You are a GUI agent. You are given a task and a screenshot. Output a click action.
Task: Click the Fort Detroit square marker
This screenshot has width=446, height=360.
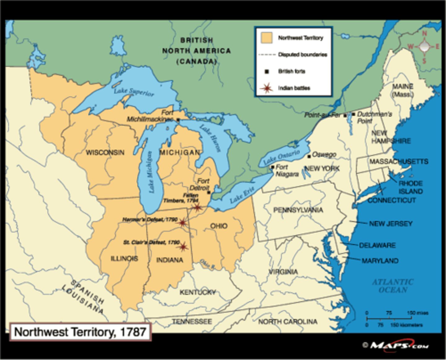point(209,192)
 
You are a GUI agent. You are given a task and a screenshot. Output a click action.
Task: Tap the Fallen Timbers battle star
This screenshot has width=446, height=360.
point(197,207)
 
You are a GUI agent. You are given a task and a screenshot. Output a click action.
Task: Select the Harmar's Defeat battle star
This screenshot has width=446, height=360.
point(182,222)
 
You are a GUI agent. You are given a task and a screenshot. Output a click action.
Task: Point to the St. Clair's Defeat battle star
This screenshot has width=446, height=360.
point(183,246)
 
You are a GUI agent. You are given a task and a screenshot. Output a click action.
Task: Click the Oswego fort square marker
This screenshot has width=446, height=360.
point(309,157)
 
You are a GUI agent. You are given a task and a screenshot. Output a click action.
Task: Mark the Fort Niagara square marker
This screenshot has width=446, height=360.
point(273,167)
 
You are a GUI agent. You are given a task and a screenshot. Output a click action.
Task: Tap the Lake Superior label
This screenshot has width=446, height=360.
point(133,92)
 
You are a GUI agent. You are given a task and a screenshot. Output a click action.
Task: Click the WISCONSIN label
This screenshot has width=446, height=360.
point(105,153)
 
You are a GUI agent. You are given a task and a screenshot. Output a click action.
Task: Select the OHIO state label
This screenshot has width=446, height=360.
point(219,226)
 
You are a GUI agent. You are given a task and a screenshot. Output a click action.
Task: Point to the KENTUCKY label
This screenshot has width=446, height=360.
point(198,292)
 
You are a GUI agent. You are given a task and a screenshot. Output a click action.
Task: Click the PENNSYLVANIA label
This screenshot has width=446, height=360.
point(298,210)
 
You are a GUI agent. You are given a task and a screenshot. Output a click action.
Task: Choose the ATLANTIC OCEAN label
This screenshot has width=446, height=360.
point(393,286)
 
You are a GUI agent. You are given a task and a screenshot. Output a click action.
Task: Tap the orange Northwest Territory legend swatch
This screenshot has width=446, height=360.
point(266,38)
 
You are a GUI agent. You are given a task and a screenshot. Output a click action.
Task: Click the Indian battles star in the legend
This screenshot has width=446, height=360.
point(266,88)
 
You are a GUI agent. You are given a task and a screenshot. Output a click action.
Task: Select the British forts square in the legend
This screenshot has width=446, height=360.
point(266,72)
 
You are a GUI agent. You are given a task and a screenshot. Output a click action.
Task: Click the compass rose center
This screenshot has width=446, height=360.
point(424,47)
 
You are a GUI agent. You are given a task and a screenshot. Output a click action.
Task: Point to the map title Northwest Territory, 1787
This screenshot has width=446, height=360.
point(80,332)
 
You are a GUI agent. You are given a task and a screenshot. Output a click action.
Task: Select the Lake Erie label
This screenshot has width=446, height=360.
point(242,195)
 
